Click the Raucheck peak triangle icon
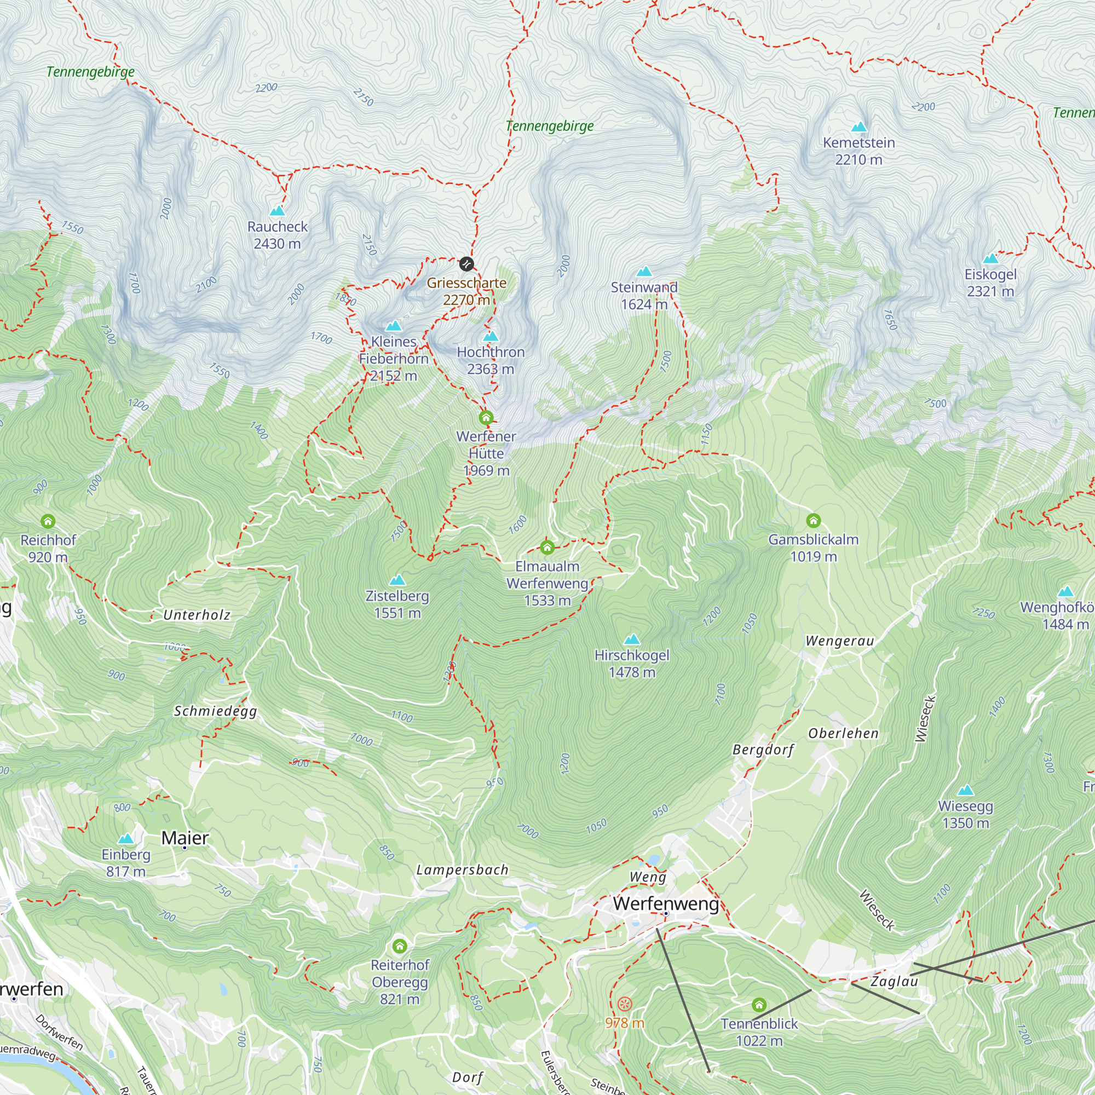pyautogui.click(x=277, y=211)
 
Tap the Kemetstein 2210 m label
pyautogui.click(x=858, y=151)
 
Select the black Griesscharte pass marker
pyautogui.click(x=466, y=263)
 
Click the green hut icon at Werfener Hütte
pyautogui.click(x=486, y=418)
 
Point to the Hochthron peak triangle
pyautogui.click(x=491, y=336)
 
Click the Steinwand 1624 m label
pyautogui.click(x=644, y=295)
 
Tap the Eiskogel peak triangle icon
pyautogui.click(x=990, y=259)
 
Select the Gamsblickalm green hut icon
pyautogui.click(x=814, y=520)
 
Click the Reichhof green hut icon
pyautogui.click(x=48, y=521)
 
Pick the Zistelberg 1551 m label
pyautogui.click(x=397, y=604)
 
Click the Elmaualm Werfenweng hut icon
pyautogui.click(x=547, y=547)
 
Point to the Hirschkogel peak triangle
pyautogui.click(x=631, y=640)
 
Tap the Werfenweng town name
pyautogui.click(x=666, y=903)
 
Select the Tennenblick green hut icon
pyautogui.click(x=759, y=1005)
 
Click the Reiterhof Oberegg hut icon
pyautogui.click(x=400, y=946)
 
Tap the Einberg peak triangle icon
pyautogui.click(x=126, y=839)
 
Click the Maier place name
pyautogui.click(x=185, y=838)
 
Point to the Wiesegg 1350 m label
pyautogui.click(x=965, y=814)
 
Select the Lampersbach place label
pyautogui.click(x=463, y=870)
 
